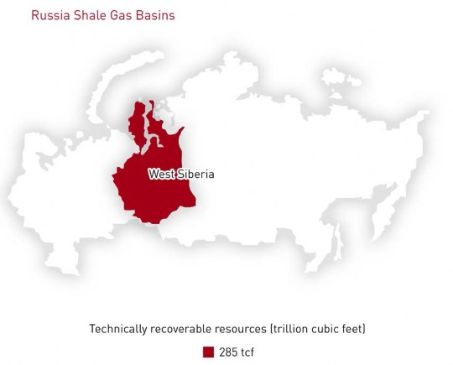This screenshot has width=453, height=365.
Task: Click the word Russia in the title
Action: tap(50, 15)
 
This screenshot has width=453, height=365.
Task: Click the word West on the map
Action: tap(162, 175)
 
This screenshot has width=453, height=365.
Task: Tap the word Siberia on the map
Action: tap(195, 175)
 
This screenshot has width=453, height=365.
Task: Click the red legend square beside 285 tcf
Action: tap(208, 352)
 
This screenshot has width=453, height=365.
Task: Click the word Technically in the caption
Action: tap(118, 329)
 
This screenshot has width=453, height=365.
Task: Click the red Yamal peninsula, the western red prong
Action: tap(138, 124)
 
